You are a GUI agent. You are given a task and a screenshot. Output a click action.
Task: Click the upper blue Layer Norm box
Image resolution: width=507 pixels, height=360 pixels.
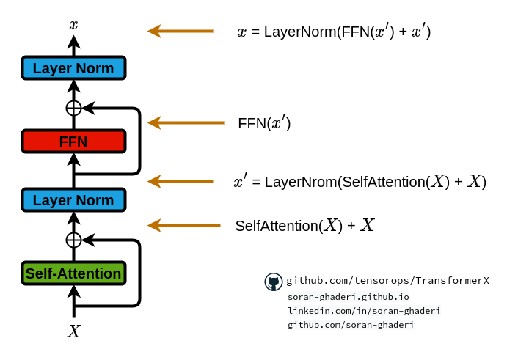(x=73, y=68)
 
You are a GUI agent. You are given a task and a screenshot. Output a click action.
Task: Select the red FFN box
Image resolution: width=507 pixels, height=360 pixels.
(x=73, y=142)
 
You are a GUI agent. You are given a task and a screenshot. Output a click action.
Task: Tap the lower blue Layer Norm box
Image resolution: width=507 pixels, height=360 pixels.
(x=73, y=200)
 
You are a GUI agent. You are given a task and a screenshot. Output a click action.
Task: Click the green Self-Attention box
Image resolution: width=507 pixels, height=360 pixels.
(x=73, y=273)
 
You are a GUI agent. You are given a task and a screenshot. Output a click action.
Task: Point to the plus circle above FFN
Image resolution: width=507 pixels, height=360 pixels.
(x=73, y=108)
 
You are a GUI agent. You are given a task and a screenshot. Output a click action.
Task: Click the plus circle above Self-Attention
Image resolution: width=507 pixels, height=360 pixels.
(x=73, y=240)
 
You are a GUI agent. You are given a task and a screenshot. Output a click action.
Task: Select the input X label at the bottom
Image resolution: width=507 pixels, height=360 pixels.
(x=73, y=331)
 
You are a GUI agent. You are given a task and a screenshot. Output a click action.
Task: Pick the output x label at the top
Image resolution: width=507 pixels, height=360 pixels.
(x=73, y=25)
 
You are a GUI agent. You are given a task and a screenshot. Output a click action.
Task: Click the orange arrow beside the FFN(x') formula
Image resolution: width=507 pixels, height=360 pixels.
(x=186, y=122)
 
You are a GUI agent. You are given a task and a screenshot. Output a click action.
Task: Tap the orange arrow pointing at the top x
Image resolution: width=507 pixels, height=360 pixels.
(x=180, y=31)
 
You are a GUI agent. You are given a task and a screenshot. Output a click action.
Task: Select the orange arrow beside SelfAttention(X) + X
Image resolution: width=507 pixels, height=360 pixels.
(x=183, y=225)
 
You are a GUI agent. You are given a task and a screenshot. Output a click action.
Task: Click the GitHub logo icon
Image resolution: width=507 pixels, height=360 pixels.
(x=274, y=282)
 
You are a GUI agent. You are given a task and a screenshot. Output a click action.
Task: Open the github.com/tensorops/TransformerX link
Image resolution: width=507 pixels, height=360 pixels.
(x=387, y=281)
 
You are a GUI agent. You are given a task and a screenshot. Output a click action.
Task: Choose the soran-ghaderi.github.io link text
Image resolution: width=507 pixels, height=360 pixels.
(x=349, y=297)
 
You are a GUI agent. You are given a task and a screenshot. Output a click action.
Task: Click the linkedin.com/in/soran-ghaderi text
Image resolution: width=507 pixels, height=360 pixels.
(x=364, y=311)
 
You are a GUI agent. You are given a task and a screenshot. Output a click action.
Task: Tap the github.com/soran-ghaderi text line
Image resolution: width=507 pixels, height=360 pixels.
(x=351, y=325)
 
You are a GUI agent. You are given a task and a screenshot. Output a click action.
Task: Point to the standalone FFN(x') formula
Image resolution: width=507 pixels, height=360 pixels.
(x=264, y=123)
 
